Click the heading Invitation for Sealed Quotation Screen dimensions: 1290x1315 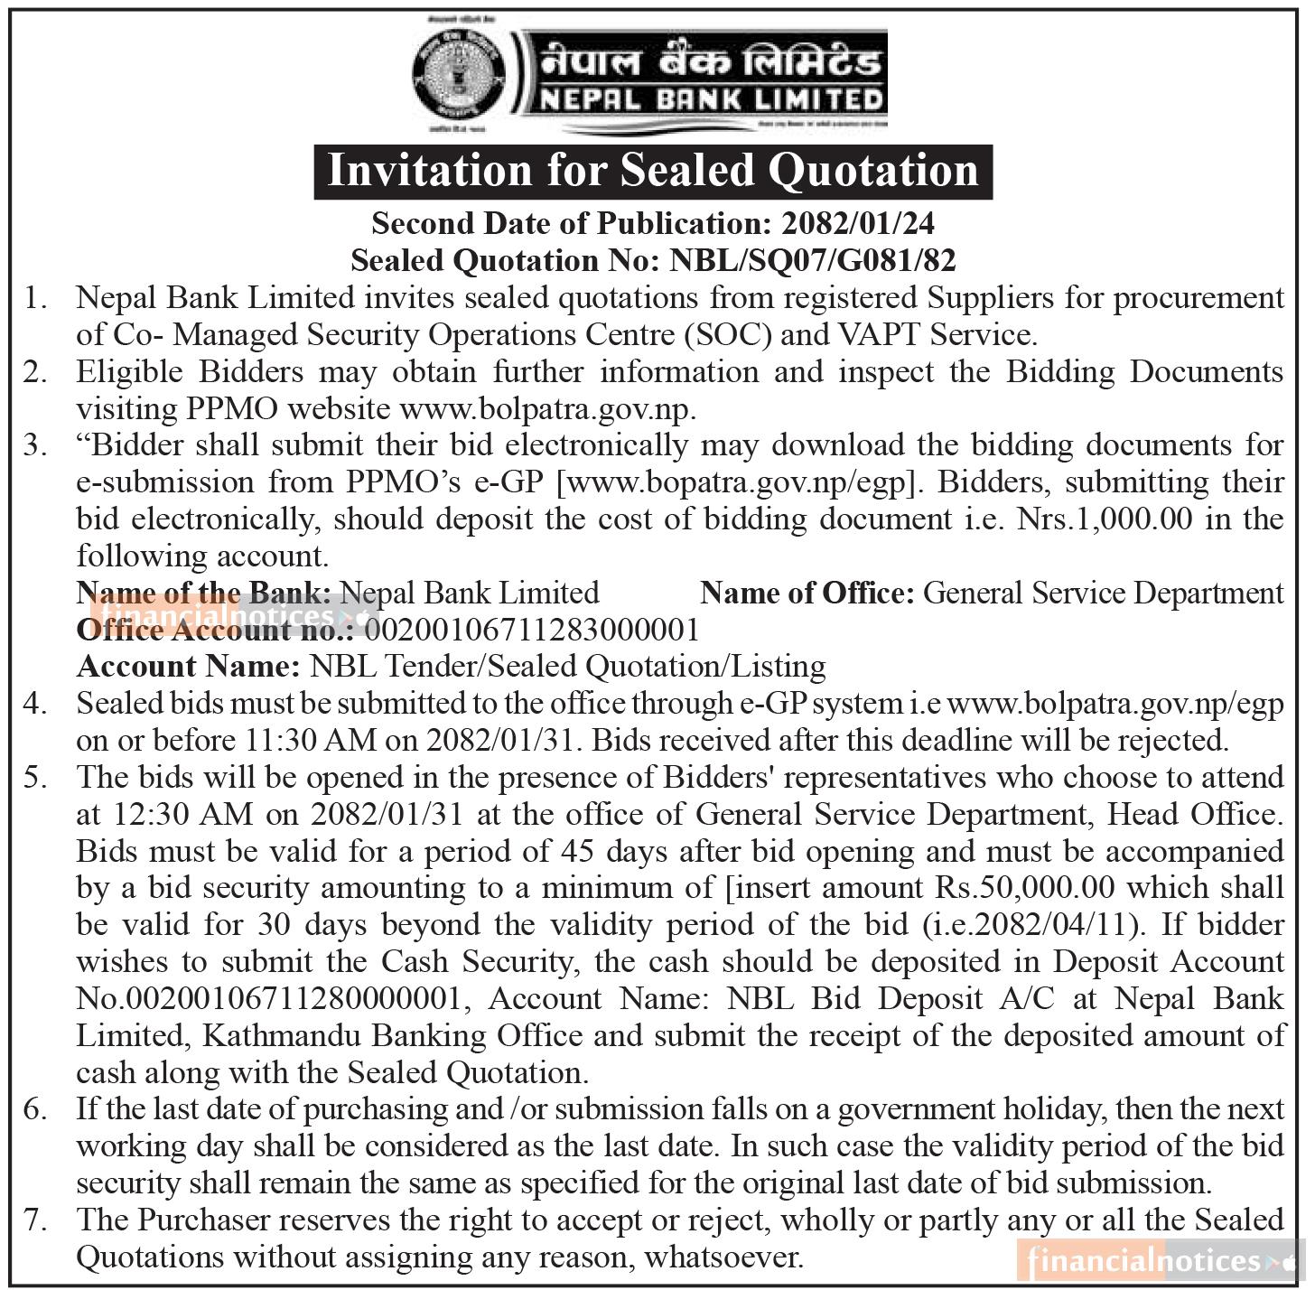click(653, 171)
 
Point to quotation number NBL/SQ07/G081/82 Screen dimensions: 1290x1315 click(812, 260)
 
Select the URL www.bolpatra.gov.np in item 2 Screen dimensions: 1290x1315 click(546, 409)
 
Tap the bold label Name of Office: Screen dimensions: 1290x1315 click(807, 593)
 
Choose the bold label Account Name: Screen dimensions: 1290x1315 click(188, 667)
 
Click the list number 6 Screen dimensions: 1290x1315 click(34, 1109)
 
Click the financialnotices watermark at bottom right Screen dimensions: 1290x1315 click(1160, 1260)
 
